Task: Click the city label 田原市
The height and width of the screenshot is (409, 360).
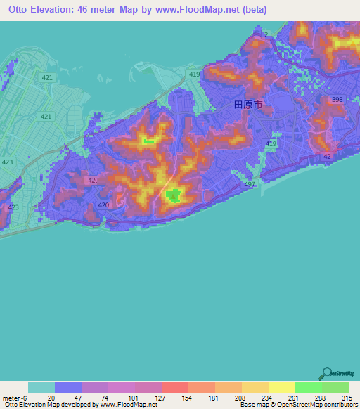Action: click(247, 104)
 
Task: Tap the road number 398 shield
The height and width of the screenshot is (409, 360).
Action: click(337, 100)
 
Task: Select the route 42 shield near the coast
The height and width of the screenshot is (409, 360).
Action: click(327, 156)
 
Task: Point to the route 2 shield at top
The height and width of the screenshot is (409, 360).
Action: click(267, 34)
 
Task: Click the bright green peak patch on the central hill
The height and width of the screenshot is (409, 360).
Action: click(172, 197)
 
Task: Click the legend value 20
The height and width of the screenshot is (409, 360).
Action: click(51, 398)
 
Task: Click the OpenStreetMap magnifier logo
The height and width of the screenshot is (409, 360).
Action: click(327, 373)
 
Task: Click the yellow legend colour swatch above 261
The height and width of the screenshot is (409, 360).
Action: click(281, 387)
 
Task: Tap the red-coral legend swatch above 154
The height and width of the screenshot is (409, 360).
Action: click(174, 387)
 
